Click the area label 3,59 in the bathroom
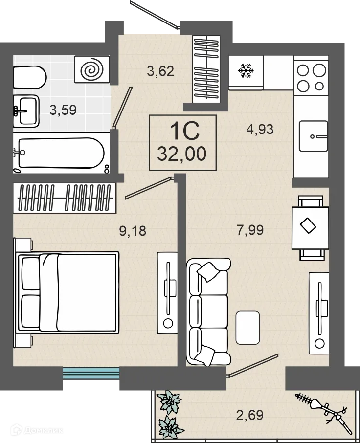click(x=63, y=110)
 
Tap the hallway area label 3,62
click(x=160, y=71)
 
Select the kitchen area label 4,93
click(x=260, y=129)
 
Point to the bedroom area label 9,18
click(x=133, y=230)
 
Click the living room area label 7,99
click(x=250, y=230)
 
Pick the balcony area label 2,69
click(x=250, y=415)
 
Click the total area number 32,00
click(x=182, y=154)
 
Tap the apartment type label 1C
click(x=184, y=132)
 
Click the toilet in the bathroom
click(x=29, y=77)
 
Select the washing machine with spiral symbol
click(x=92, y=69)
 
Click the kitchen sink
click(x=314, y=136)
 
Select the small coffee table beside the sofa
click(x=247, y=328)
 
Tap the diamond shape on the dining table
click(x=308, y=226)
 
